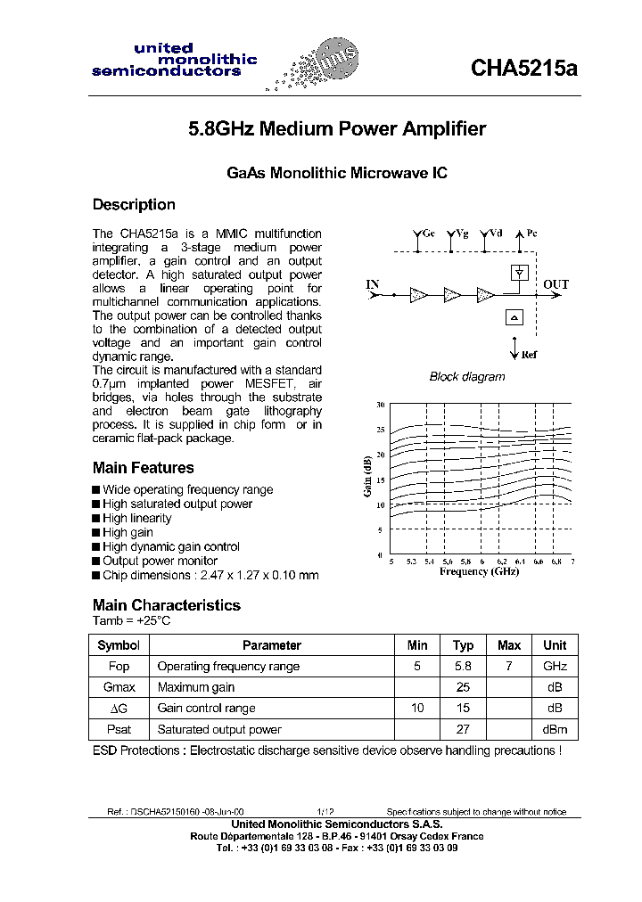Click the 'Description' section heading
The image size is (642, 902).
click(x=134, y=205)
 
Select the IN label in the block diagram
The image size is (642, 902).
click(x=373, y=285)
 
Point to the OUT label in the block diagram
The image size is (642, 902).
click(x=556, y=285)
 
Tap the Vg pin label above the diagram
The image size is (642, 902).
click(x=460, y=234)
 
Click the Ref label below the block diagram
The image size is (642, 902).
click(x=530, y=355)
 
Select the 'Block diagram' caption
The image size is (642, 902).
click(x=467, y=377)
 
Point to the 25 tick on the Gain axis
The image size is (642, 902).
click(x=380, y=430)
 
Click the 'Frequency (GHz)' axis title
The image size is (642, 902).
click(x=479, y=571)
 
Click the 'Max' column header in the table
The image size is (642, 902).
click(x=509, y=645)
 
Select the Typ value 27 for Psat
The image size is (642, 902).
click(x=463, y=729)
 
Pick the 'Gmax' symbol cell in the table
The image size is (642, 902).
click(x=119, y=687)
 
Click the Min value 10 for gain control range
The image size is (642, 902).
click(x=417, y=708)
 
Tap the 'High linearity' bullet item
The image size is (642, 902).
click(x=136, y=518)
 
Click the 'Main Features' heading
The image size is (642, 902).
click(x=143, y=468)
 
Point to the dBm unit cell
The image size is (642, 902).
click(x=555, y=729)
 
